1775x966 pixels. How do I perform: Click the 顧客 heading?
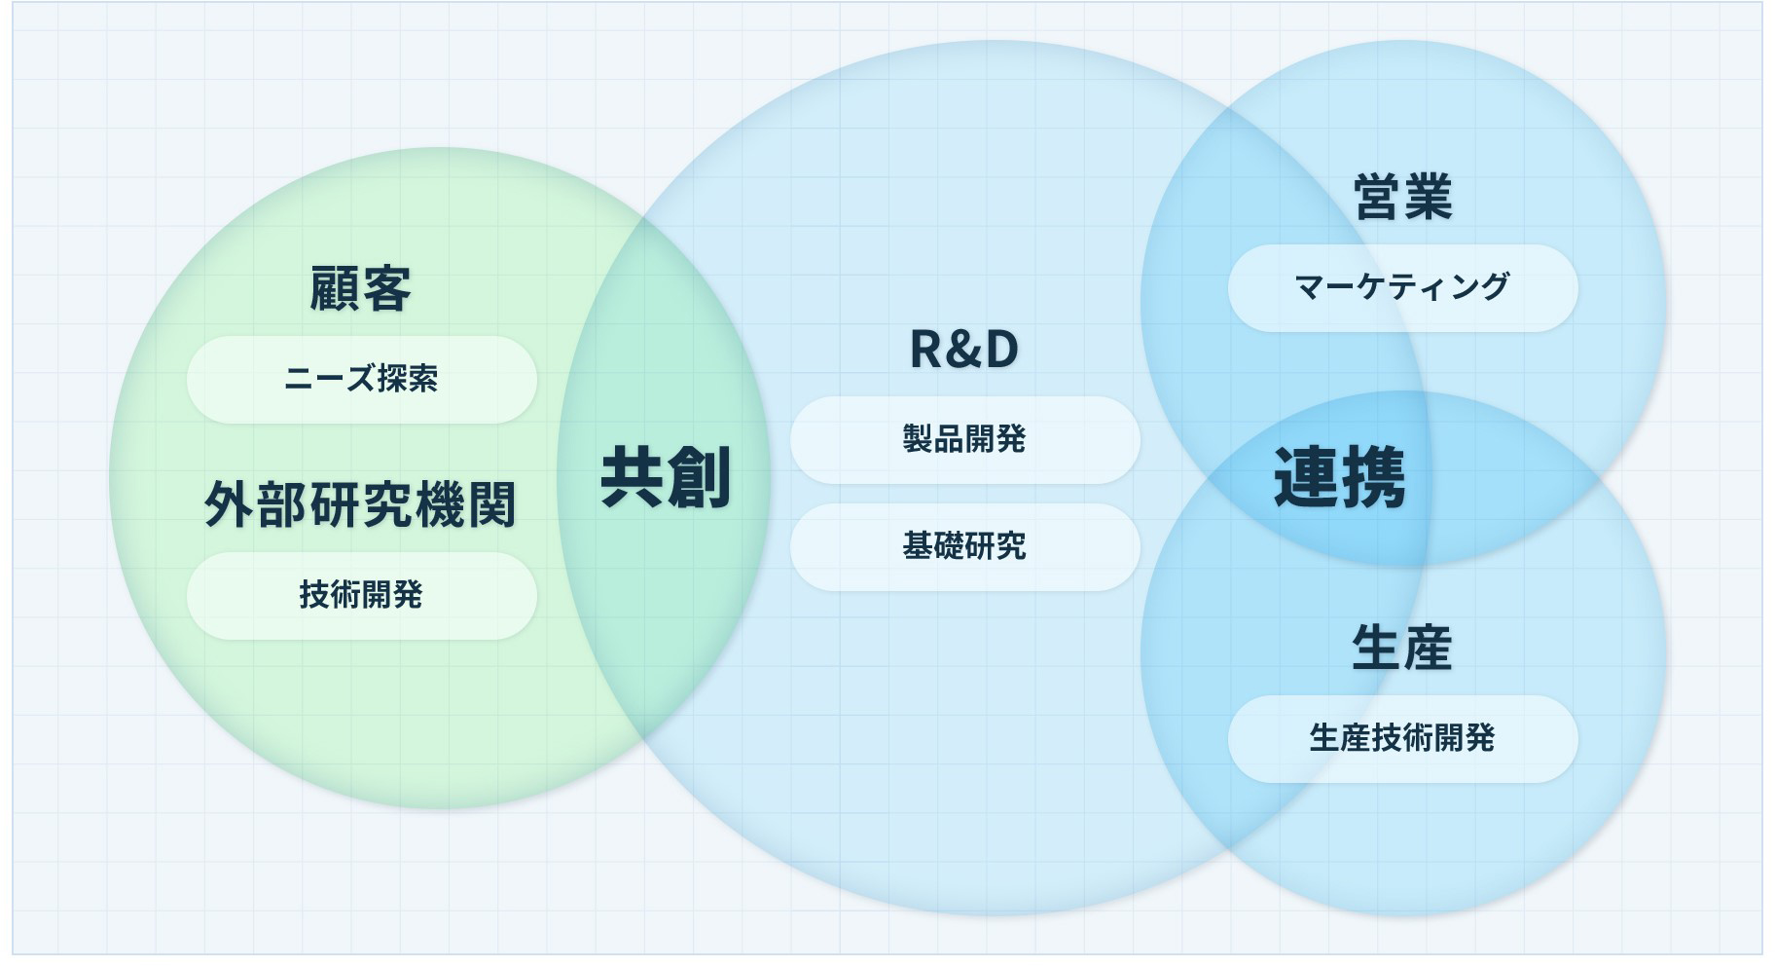point(360,289)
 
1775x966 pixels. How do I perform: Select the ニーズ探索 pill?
point(361,379)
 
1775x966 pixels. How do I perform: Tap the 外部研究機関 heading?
point(360,504)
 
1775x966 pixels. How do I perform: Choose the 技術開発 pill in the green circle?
point(361,595)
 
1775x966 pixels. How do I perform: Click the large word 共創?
point(666,477)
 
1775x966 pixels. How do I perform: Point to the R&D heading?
point(963,350)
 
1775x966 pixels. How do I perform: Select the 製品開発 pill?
point(964,439)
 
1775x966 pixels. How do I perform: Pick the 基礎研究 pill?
point(964,546)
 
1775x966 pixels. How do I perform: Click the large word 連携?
point(1339,477)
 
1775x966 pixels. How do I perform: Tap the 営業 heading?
point(1402,197)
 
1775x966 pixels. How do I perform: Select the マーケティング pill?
point(1402,287)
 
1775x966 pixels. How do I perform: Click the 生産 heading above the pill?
point(1402,649)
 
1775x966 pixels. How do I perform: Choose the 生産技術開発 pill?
point(1402,738)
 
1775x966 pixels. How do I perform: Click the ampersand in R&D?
point(964,350)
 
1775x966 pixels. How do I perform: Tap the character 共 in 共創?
point(632,477)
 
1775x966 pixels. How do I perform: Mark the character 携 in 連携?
point(1373,477)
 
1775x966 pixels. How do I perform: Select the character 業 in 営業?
point(1428,197)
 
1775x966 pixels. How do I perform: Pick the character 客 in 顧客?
point(386,289)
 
